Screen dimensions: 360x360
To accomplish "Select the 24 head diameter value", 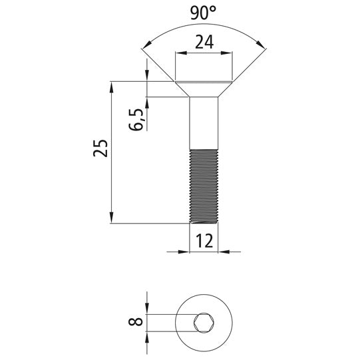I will click(204, 43).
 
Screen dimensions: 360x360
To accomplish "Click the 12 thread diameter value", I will click(204, 241).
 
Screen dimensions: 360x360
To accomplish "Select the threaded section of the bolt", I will click(204, 186).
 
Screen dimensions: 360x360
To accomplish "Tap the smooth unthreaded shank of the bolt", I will click(204, 123).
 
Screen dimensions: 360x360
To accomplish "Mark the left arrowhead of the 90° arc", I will click(146, 45).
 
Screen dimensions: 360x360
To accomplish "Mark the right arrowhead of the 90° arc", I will click(262, 45).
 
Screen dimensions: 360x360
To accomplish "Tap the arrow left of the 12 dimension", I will click(185, 252).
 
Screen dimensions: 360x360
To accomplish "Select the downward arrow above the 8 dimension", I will click(147, 310).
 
